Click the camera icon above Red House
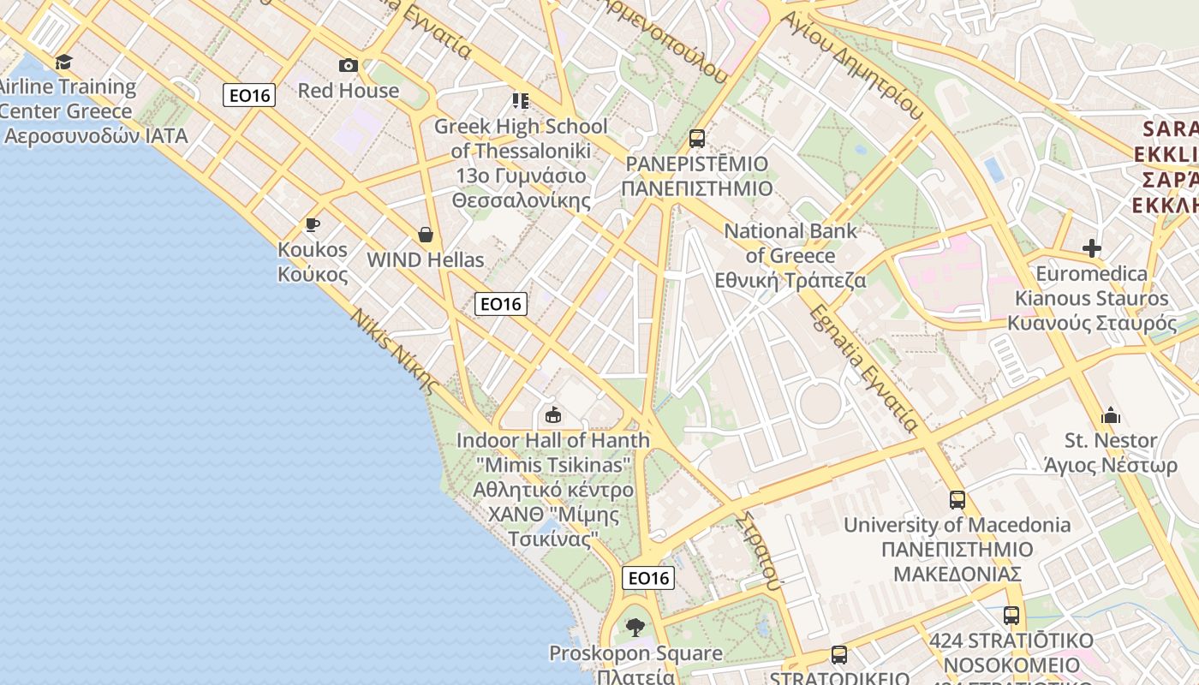click(349, 65)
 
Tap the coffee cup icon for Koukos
click(313, 225)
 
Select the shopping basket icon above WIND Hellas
click(426, 235)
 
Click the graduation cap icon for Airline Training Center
click(64, 62)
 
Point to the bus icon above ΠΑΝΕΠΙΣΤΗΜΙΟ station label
click(697, 138)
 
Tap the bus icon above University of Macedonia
click(957, 500)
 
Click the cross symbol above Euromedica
click(1092, 248)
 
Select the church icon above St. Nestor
click(1112, 416)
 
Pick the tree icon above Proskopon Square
click(635, 628)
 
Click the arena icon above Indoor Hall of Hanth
click(553, 415)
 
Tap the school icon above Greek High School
click(521, 101)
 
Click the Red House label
click(349, 90)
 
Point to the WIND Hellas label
click(426, 259)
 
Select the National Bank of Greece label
click(790, 255)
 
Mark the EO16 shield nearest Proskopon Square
click(648, 578)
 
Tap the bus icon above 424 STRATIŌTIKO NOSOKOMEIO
click(1011, 616)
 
